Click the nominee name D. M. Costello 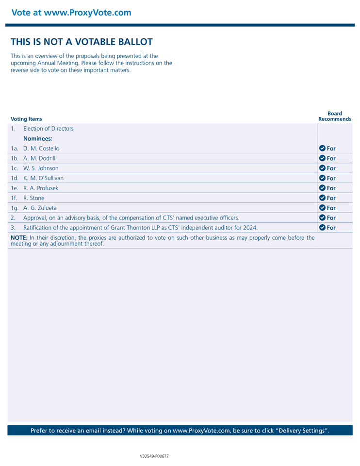(41, 149)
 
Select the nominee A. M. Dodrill (39, 158)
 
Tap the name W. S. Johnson (41, 168)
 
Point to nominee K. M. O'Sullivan (43, 178)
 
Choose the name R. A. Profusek (41, 188)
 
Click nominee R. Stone (33, 198)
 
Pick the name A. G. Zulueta (40, 208)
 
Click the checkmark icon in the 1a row (322, 148)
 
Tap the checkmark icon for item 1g (322, 208)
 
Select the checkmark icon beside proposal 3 (322, 227)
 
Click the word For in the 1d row (331, 178)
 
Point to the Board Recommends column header (335, 116)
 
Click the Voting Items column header (26, 119)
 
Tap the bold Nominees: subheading (38, 138)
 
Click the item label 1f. (15, 198)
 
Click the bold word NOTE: (19, 238)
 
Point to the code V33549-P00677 (154, 456)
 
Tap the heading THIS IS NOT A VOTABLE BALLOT (82, 42)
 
